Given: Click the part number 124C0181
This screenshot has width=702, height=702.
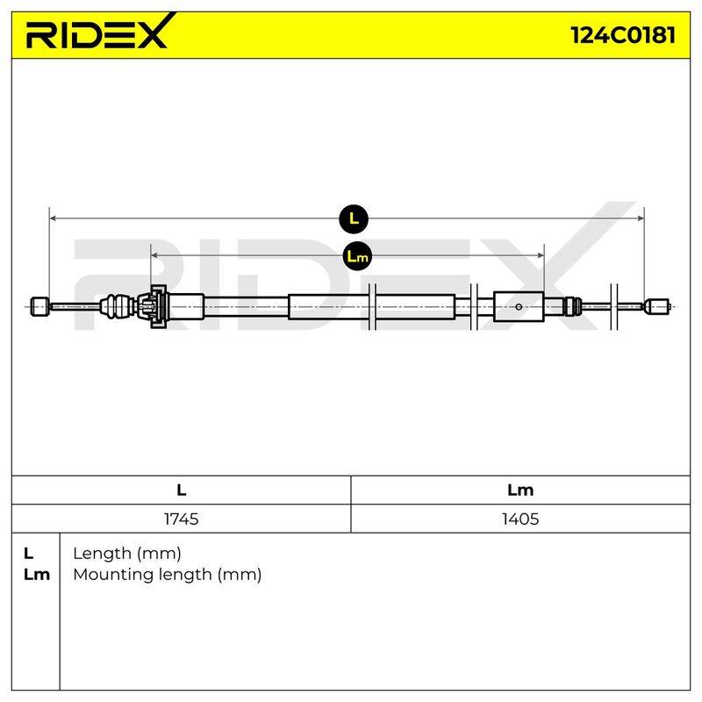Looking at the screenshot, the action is click(623, 35).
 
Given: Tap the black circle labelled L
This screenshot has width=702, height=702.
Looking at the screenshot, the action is click(354, 218).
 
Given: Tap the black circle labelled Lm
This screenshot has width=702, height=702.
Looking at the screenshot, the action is click(357, 256).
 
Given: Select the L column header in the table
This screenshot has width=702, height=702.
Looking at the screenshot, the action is click(182, 491).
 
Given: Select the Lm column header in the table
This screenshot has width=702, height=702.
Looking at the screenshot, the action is click(520, 491).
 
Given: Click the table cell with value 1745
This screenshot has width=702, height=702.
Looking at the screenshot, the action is click(182, 519).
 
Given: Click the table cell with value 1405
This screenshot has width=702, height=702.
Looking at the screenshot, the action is click(520, 519).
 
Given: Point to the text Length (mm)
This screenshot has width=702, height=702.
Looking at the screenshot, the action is click(127, 554).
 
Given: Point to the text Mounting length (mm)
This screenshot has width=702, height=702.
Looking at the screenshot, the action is click(168, 575).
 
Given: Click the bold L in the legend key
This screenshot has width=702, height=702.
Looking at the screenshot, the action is click(28, 554).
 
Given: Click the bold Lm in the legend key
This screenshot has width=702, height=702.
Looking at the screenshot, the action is click(37, 575).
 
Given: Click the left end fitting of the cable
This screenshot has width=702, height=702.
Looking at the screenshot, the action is click(39, 306).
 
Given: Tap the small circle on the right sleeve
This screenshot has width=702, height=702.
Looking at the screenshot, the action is click(519, 306).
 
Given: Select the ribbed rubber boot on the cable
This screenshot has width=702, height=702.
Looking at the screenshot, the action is click(118, 306).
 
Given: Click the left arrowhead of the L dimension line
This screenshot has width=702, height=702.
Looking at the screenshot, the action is click(53, 218).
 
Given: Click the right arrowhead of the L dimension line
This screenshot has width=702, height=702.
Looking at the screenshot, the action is click(641, 218).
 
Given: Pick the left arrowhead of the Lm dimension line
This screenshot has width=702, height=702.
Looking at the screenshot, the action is click(154, 255).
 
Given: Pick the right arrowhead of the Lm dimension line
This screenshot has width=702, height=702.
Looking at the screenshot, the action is click(541, 255).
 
